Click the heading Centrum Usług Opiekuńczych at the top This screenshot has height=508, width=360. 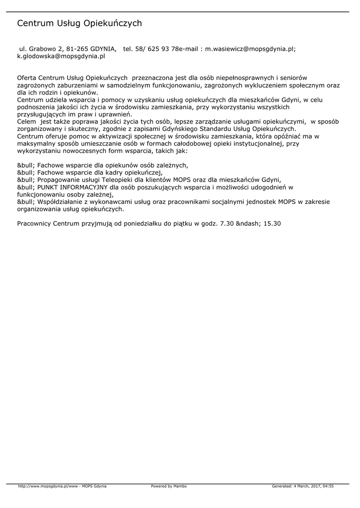tap(79, 23)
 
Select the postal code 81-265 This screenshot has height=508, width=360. tap(77, 49)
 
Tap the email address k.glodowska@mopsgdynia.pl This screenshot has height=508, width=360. tap(61, 57)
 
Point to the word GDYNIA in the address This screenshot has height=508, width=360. tap(103, 49)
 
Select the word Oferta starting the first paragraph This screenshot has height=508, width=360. tap(26, 78)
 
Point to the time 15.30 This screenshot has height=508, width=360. tap(273, 223)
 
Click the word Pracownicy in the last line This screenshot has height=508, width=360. tap(34, 223)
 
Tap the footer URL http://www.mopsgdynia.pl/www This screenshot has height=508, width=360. tap(48, 486)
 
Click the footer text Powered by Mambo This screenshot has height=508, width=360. tap(169, 486)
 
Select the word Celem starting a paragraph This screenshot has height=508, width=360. tap(26, 122)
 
